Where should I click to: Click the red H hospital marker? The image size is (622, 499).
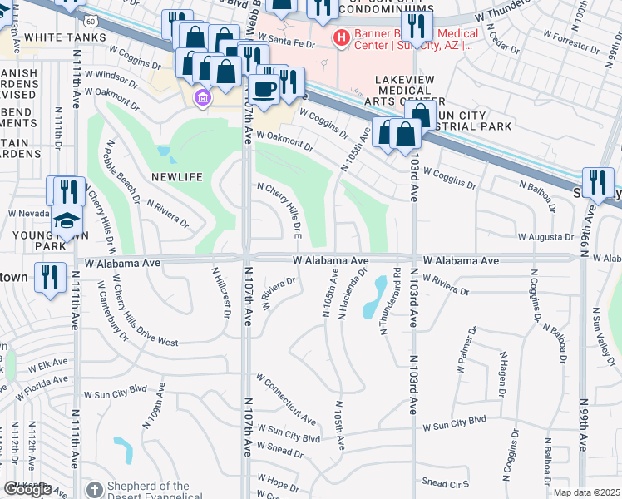[x=340, y=37]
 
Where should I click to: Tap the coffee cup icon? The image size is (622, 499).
[x=264, y=89]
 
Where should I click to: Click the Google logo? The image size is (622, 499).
[x=27, y=489]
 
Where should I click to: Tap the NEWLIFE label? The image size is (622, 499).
[x=177, y=176]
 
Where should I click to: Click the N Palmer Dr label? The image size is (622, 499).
[x=464, y=348]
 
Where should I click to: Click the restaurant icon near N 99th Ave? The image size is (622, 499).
[x=597, y=182]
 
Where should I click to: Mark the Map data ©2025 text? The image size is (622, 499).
[x=586, y=492]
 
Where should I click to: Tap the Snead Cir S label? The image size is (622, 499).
[x=445, y=482]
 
